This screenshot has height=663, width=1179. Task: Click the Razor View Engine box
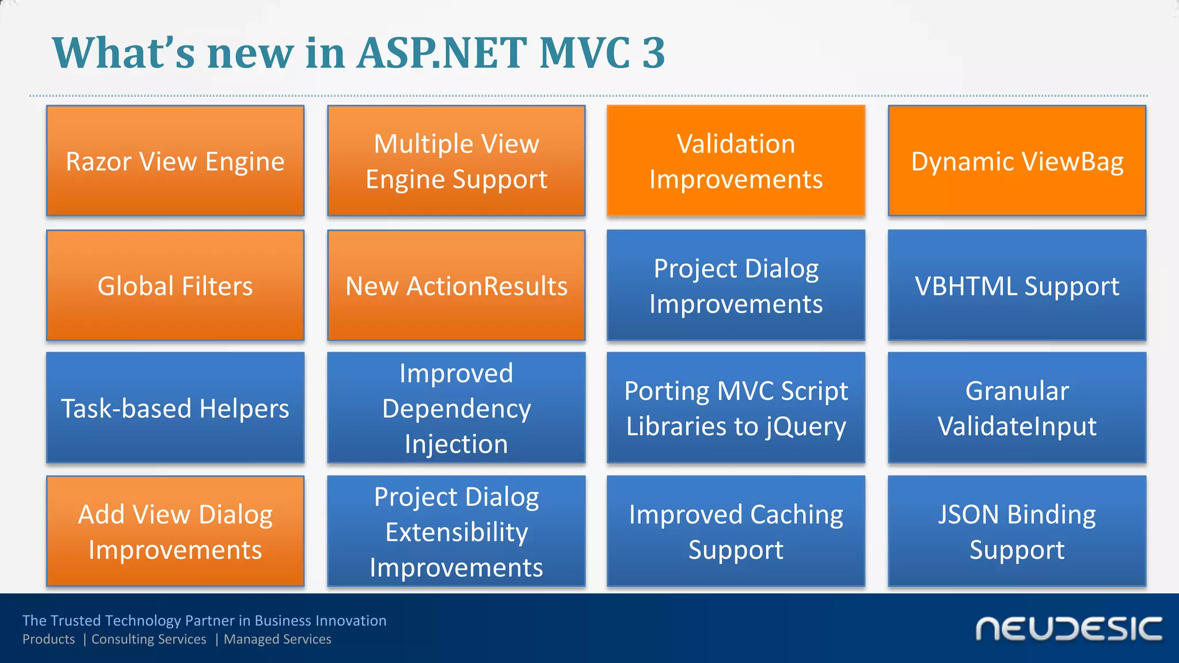click(x=175, y=161)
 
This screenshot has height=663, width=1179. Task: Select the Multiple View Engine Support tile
click(x=456, y=161)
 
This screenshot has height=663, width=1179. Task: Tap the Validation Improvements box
click(x=736, y=161)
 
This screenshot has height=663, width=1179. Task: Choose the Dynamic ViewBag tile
click(x=1017, y=161)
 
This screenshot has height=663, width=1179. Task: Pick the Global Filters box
click(x=175, y=285)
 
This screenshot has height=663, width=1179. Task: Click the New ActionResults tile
click(x=456, y=285)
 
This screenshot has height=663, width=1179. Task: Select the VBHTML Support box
click(x=1017, y=285)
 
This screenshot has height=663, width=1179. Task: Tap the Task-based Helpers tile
click(x=175, y=408)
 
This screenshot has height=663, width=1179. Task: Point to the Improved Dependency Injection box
click(x=456, y=408)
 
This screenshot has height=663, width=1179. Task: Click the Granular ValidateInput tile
click(x=1017, y=408)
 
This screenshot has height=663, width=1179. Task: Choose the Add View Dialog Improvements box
click(x=175, y=531)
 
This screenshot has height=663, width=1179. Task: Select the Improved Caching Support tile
click(x=736, y=531)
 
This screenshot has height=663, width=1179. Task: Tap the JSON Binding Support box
click(x=1017, y=531)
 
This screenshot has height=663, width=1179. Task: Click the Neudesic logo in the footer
click(x=1068, y=628)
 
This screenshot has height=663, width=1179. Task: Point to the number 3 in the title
click(x=653, y=53)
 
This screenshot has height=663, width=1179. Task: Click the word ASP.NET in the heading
click(x=441, y=53)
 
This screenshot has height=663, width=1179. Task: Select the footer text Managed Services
click(x=277, y=639)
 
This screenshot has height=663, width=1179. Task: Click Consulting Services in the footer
click(x=149, y=639)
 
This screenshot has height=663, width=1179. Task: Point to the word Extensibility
click(x=456, y=532)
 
